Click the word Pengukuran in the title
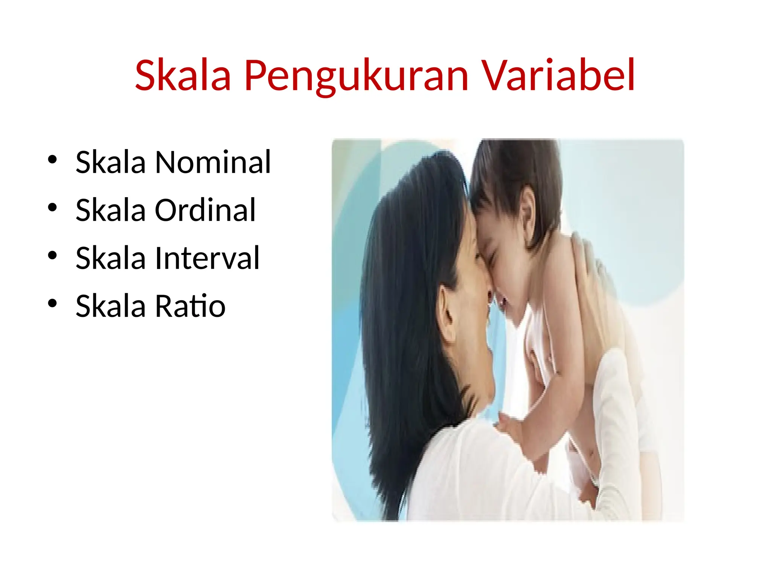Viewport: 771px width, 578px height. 356,76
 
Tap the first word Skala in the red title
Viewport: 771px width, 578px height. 183,75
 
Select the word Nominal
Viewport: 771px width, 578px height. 213,162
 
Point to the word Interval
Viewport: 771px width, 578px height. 207,258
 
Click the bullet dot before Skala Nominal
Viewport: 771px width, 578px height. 52,160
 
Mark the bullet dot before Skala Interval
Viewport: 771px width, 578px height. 52,256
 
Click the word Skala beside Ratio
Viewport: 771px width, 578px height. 110,306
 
